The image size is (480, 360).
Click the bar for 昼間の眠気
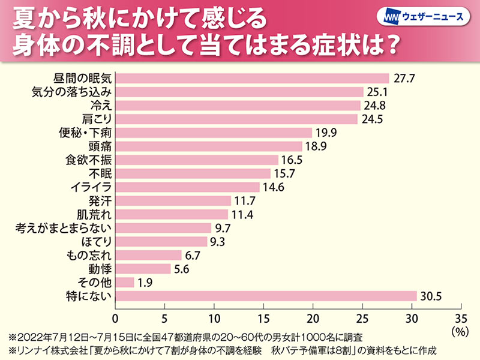[x=252, y=78]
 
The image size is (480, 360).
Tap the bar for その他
[x=125, y=282]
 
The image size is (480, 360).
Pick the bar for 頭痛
[x=208, y=146]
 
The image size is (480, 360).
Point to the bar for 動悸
[x=143, y=269]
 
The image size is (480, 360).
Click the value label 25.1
[x=378, y=92]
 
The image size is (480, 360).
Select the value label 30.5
[x=431, y=296]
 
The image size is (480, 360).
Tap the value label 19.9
[x=326, y=133]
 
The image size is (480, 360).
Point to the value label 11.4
[x=242, y=214]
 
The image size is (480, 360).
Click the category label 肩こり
[x=94, y=119]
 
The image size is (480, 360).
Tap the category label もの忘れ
[x=88, y=255]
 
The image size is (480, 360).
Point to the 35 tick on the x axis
[x=460, y=317]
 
